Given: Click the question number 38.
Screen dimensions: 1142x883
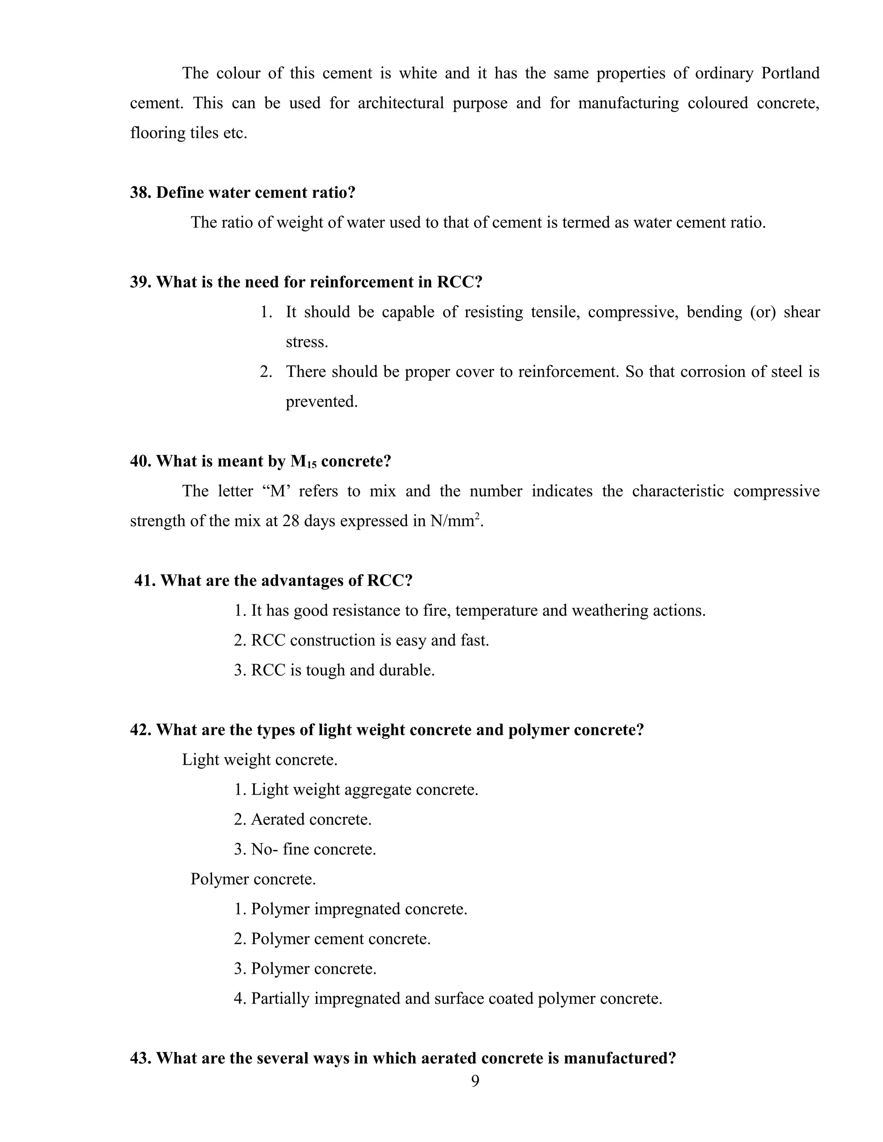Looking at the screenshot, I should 140,193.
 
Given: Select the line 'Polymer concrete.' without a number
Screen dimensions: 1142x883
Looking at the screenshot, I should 253,879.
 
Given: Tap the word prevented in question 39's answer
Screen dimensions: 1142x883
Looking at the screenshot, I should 321,402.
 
